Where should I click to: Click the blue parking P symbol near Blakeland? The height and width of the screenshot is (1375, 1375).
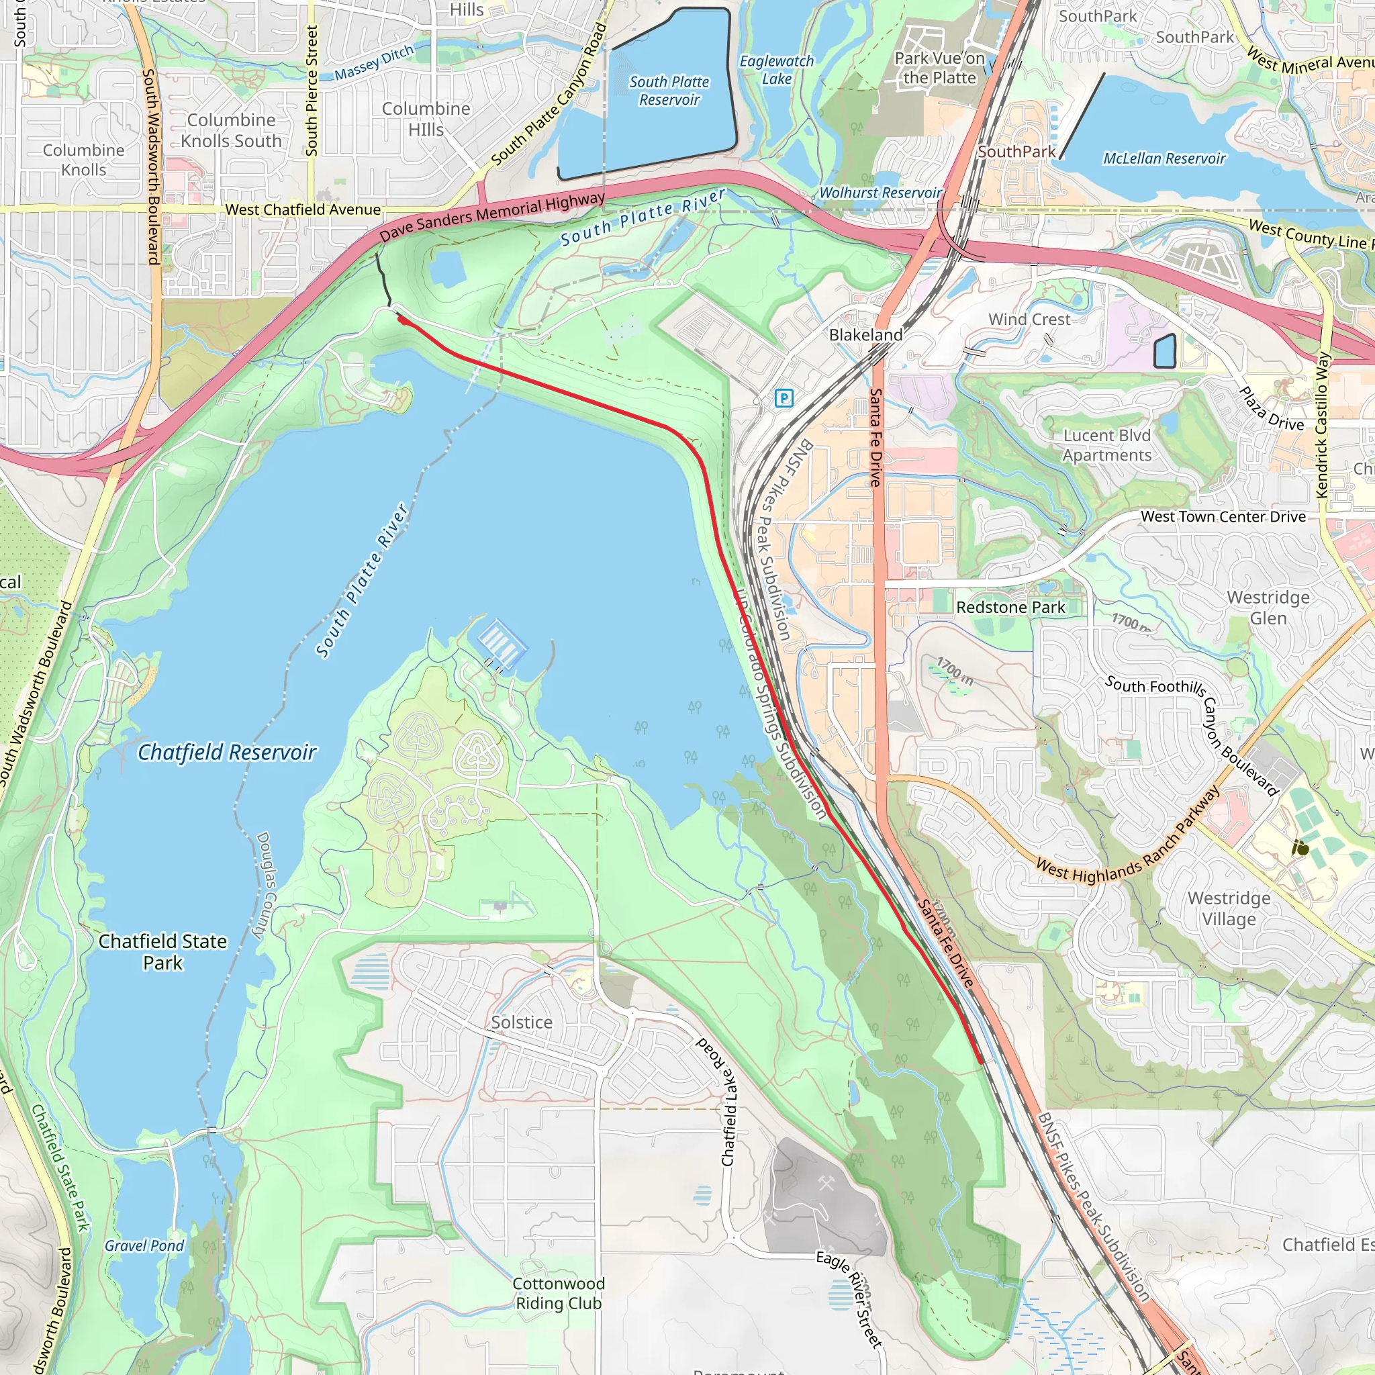[x=784, y=398]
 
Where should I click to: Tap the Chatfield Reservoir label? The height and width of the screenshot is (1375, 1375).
[x=226, y=752]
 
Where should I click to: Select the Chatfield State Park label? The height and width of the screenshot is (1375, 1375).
[x=162, y=951]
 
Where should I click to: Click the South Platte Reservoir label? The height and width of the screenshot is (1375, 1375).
[x=669, y=91]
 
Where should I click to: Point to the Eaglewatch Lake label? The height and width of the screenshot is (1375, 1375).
[x=777, y=70]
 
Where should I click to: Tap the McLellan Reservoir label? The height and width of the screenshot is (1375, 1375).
[x=1164, y=158]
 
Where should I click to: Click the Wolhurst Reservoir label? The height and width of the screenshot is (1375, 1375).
[x=880, y=193]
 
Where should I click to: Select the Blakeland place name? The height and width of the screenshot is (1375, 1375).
[x=865, y=334]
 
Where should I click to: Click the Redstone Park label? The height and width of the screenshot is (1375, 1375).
[x=1010, y=607]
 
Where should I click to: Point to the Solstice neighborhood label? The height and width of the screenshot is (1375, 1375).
[x=521, y=1022]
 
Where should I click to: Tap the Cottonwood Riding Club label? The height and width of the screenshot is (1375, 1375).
[x=559, y=1293]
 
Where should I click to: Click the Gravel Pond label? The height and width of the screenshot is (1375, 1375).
[x=144, y=1245]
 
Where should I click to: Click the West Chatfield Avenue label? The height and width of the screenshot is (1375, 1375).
[x=303, y=209]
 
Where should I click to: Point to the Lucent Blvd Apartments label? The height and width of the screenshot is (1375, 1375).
[x=1106, y=446]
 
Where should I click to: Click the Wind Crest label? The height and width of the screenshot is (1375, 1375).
[x=1029, y=320]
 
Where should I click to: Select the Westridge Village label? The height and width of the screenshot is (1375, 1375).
[x=1229, y=908]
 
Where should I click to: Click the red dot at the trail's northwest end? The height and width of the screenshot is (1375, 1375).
[x=402, y=320]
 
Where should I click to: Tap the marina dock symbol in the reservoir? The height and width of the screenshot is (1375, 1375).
[x=502, y=640]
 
